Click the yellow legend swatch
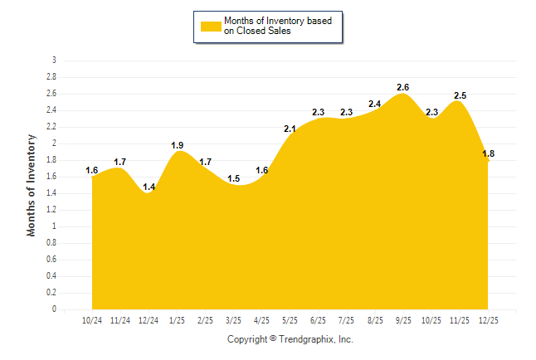click(211, 26)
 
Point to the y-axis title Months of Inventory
click(32, 185)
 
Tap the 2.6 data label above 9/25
click(403, 87)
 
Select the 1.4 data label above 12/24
click(149, 187)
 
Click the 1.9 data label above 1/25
click(177, 145)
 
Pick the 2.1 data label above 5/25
click(290, 129)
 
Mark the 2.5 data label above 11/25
click(460, 95)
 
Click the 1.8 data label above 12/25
click(488, 153)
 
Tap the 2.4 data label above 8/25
click(375, 104)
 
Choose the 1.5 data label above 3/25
click(234, 178)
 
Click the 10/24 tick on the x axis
click(91, 320)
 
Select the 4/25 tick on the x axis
click(261, 320)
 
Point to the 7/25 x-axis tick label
click(346, 320)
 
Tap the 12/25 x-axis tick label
click(488, 320)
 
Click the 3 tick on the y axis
click(54, 60)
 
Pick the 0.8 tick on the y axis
click(52, 242)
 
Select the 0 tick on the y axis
click(54, 309)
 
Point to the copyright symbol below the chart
click(273, 339)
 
